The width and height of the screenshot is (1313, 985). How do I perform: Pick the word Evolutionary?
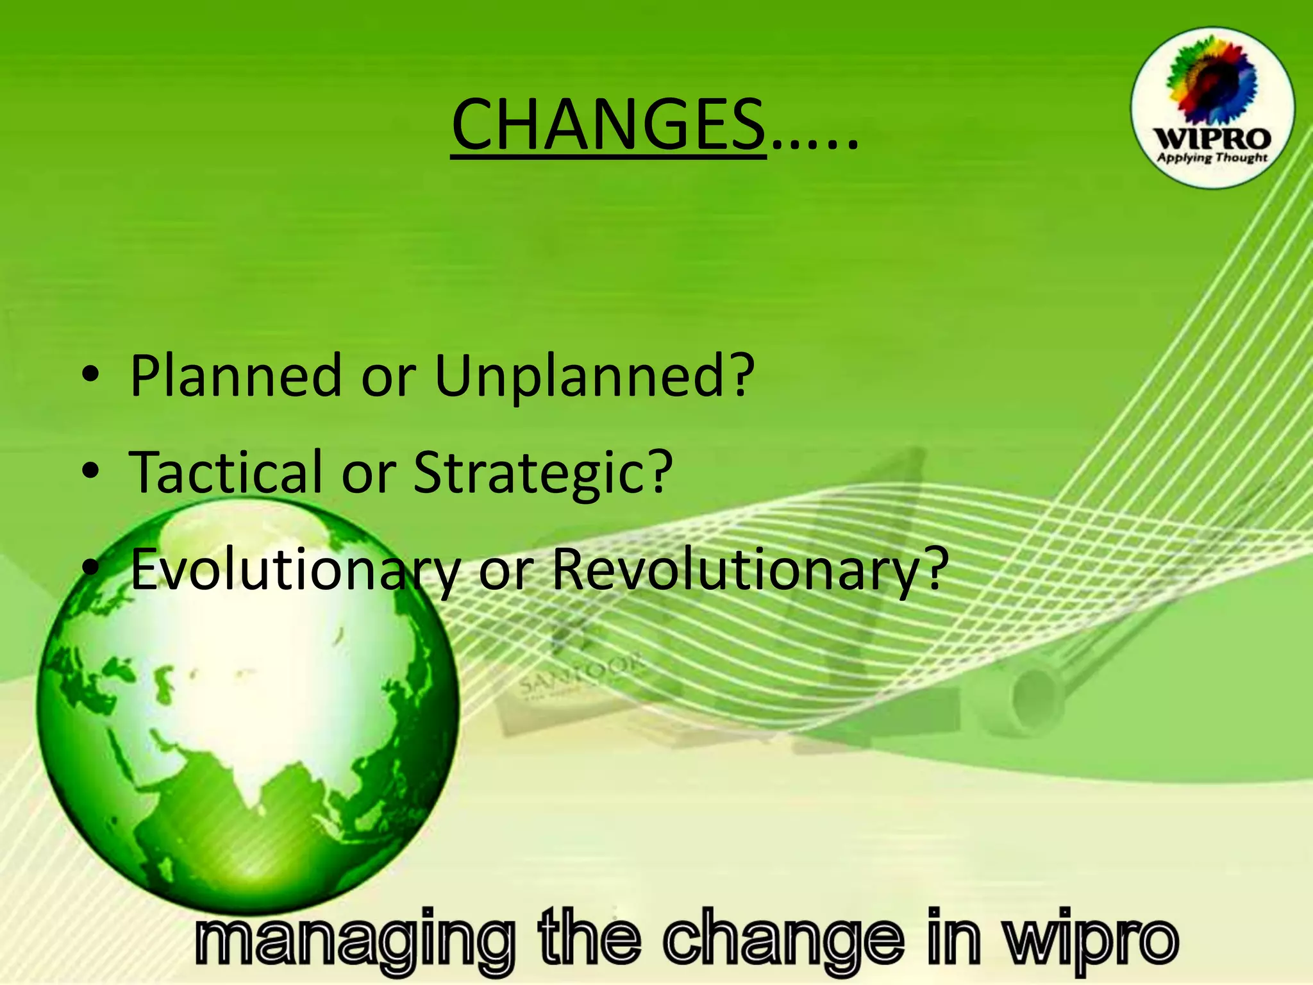295,569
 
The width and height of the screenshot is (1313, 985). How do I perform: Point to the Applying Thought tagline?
1212,158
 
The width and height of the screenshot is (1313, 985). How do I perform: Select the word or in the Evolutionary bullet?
506,569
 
